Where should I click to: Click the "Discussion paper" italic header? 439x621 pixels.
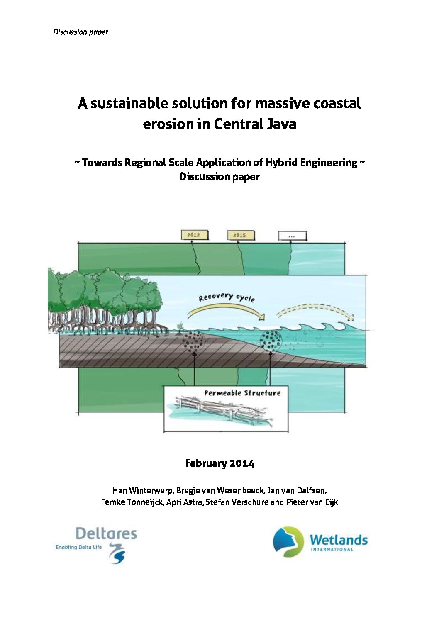80,32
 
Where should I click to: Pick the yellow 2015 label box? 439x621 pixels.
240,235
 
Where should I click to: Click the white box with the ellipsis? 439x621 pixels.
292,236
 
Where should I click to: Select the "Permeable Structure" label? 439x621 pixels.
242,393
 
